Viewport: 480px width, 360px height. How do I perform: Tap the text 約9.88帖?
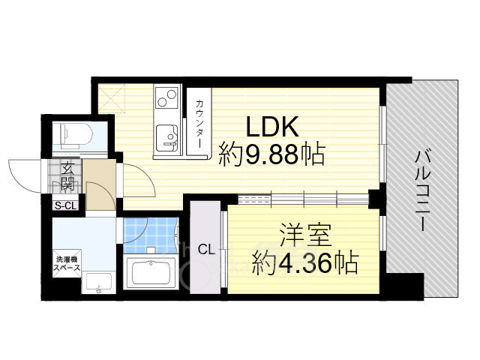tap(271, 156)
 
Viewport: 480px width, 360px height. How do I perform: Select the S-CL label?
tap(64, 205)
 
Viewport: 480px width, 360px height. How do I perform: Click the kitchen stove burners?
tap(164, 97)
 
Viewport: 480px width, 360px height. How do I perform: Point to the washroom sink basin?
tap(97, 283)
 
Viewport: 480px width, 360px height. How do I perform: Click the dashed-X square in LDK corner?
tap(112, 95)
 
